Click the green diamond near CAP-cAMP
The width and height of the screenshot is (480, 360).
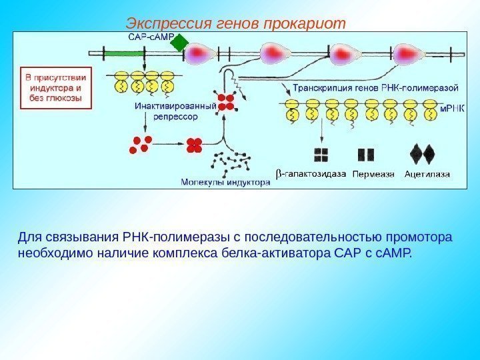(x=179, y=44)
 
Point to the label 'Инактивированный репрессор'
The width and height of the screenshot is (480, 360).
(x=175, y=111)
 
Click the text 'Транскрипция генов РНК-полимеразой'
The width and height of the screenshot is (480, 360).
(x=375, y=87)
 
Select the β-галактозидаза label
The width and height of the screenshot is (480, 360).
(x=311, y=175)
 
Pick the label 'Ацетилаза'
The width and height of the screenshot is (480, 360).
(x=427, y=175)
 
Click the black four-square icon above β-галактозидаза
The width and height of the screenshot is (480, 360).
(x=322, y=155)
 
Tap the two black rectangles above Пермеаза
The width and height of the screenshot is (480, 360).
(x=366, y=155)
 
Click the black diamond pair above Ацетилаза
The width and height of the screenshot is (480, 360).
(x=422, y=154)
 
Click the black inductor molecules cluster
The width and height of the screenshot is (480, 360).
(x=231, y=162)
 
